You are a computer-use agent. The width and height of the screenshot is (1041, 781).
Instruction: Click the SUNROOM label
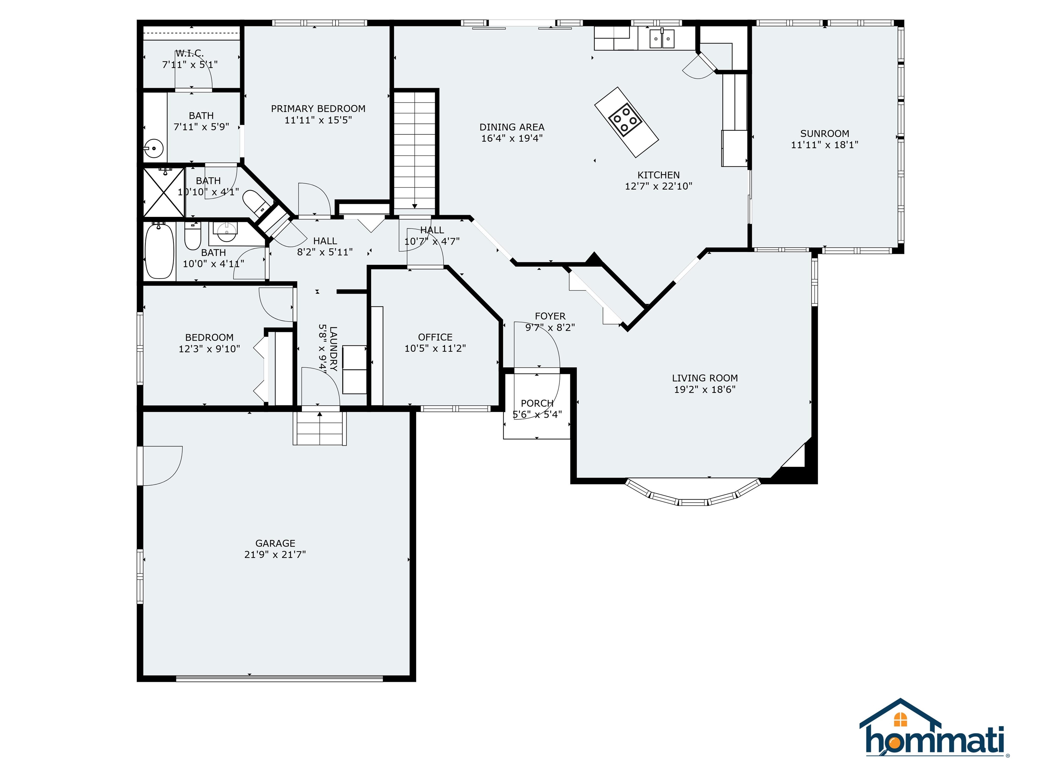(x=824, y=134)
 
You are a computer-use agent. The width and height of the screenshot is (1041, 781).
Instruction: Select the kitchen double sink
(x=662, y=39)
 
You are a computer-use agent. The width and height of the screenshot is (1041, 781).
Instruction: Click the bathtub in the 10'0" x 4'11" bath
(x=159, y=252)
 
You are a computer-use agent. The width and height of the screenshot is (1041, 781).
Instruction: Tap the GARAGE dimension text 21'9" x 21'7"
(x=275, y=555)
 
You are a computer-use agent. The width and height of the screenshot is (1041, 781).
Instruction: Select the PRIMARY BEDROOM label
(x=318, y=109)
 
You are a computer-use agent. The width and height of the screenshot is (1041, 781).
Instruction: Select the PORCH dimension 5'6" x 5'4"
(x=537, y=414)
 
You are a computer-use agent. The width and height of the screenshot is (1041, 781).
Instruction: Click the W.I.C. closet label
(x=190, y=53)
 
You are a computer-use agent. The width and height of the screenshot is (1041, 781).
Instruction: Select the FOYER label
(x=550, y=316)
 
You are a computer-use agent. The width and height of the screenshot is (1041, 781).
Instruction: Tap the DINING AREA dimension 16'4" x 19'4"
(x=512, y=138)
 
